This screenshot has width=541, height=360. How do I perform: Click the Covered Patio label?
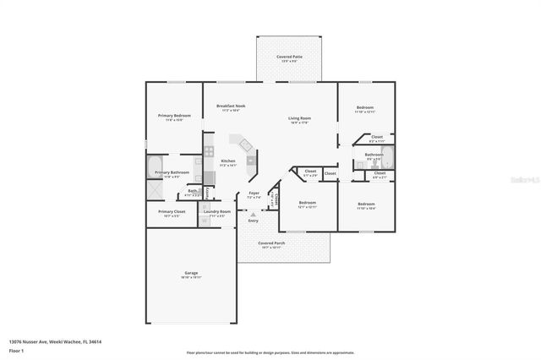coord(288,57)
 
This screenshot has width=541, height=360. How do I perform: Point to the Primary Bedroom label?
coord(174,115)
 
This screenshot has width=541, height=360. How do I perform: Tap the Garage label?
coord(192,273)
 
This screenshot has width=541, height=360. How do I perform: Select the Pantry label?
coord(207,193)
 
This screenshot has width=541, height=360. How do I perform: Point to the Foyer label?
coord(254,194)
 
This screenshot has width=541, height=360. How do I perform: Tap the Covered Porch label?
coord(272,243)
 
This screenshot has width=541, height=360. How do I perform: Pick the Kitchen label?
coord(228,161)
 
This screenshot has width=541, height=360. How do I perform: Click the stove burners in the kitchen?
coord(208,153)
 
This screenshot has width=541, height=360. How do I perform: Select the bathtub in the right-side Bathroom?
coord(387,155)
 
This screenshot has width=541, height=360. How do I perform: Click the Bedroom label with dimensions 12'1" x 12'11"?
coord(308,203)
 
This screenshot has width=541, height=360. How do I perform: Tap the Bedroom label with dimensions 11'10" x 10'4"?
coord(365,204)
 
